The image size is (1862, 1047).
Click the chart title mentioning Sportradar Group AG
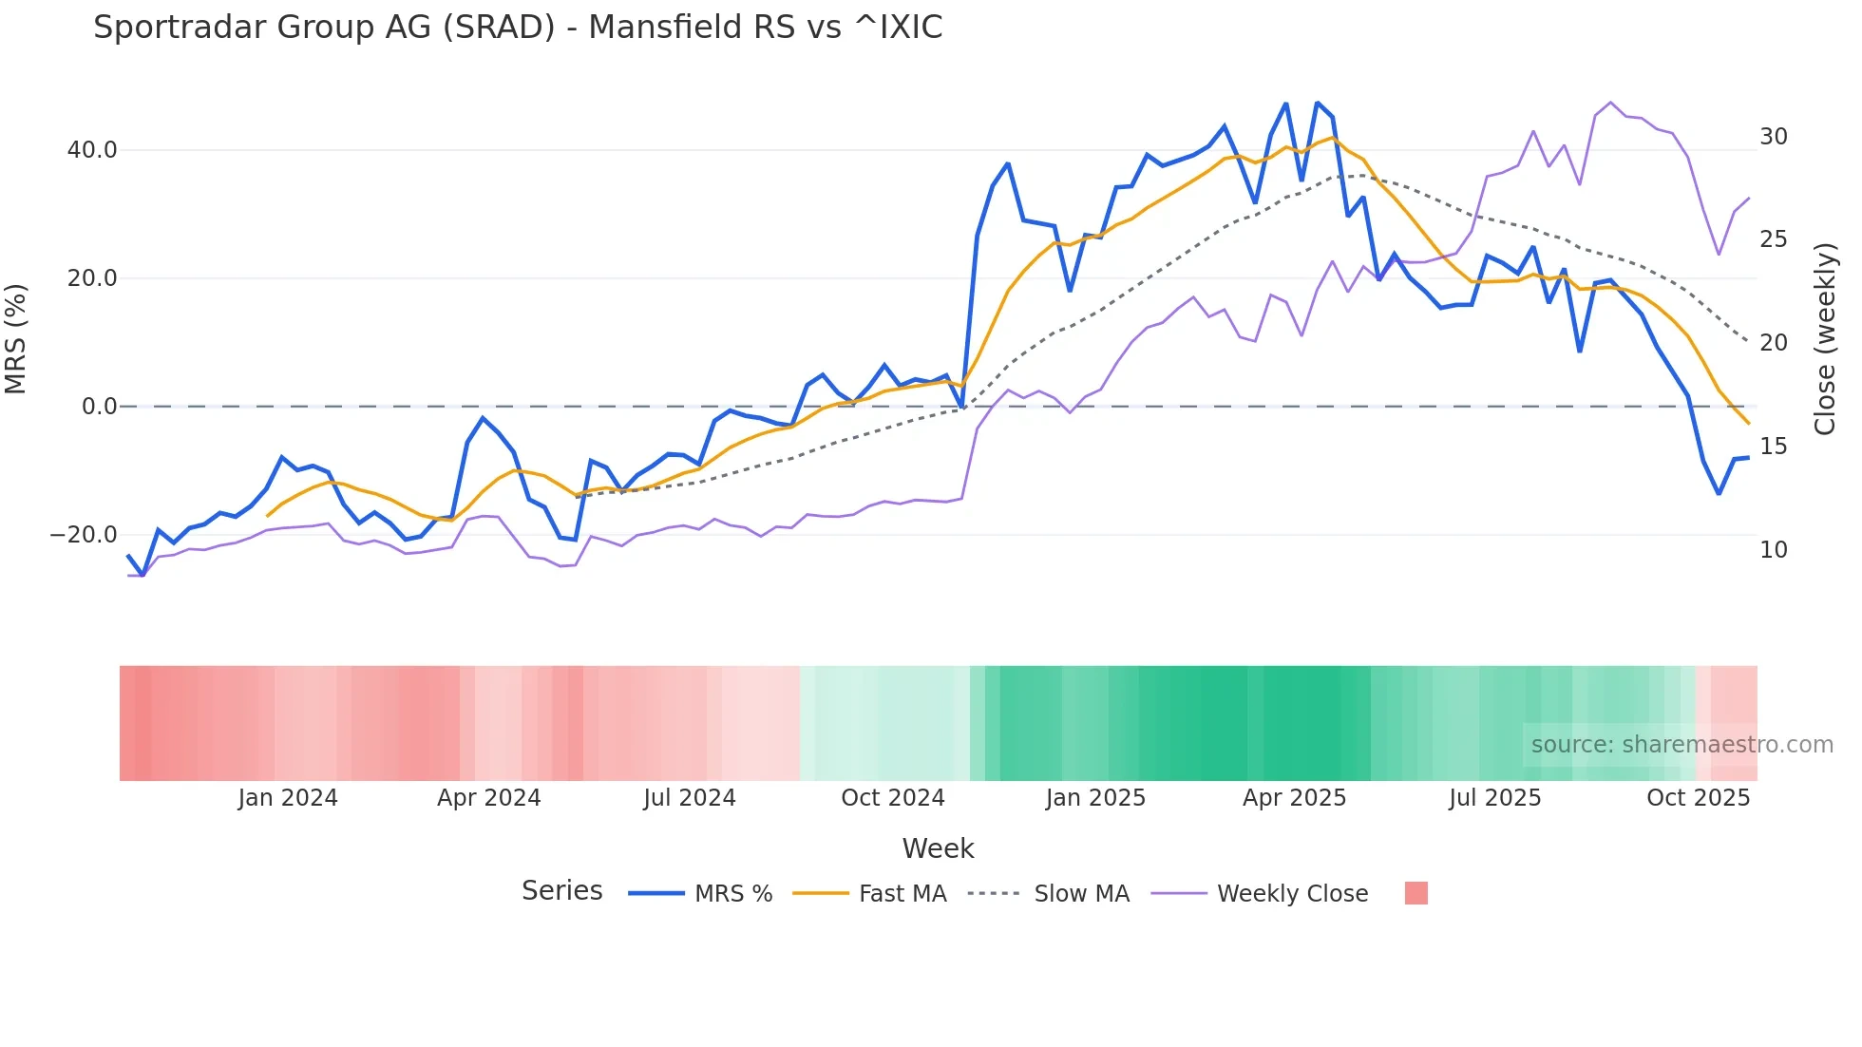pyautogui.click(x=518, y=28)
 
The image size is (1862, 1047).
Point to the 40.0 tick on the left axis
pyautogui.click(x=92, y=150)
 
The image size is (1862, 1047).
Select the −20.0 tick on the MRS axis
pyautogui.click(x=84, y=535)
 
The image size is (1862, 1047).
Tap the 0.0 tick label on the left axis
pyautogui.click(x=99, y=407)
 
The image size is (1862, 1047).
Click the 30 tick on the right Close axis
pyautogui.click(x=1773, y=137)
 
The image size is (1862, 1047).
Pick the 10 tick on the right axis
pyautogui.click(x=1773, y=550)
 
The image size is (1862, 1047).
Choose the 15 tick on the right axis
pyautogui.click(x=1773, y=447)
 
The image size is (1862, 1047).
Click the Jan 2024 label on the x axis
pyautogui.click(x=288, y=798)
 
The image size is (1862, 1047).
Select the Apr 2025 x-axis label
pyautogui.click(x=1294, y=798)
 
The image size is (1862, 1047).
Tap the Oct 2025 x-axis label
pyautogui.click(x=1698, y=798)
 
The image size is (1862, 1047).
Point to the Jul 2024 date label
pyautogui.click(x=690, y=798)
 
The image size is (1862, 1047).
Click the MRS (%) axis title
pyautogui.click(x=16, y=339)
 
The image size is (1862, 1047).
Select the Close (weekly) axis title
pyautogui.click(x=1824, y=339)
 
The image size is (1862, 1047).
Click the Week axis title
pyautogui.click(x=938, y=848)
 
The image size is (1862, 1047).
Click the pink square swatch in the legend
pyautogui.click(x=1415, y=893)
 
